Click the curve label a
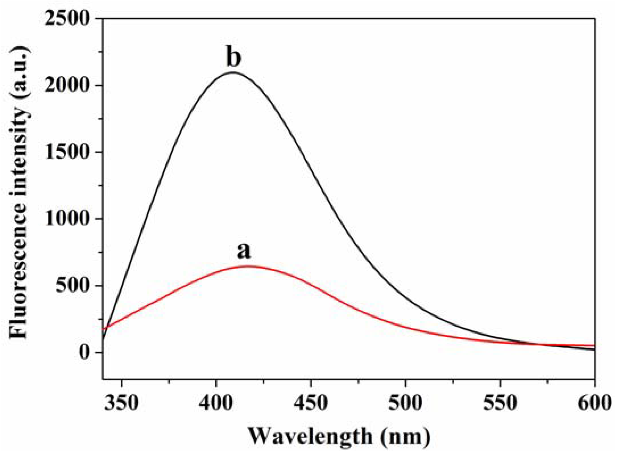click(244, 251)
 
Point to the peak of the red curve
click(248, 266)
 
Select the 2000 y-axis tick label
click(67, 85)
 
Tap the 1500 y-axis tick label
click(67, 152)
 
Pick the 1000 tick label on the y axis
click(67, 219)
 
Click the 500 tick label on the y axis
click(73, 285)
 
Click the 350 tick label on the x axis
click(121, 403)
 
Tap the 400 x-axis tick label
click(216, 403)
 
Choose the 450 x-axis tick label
click(311, 403)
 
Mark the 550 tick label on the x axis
click(500, 403)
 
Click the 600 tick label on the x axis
click(594, 403)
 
